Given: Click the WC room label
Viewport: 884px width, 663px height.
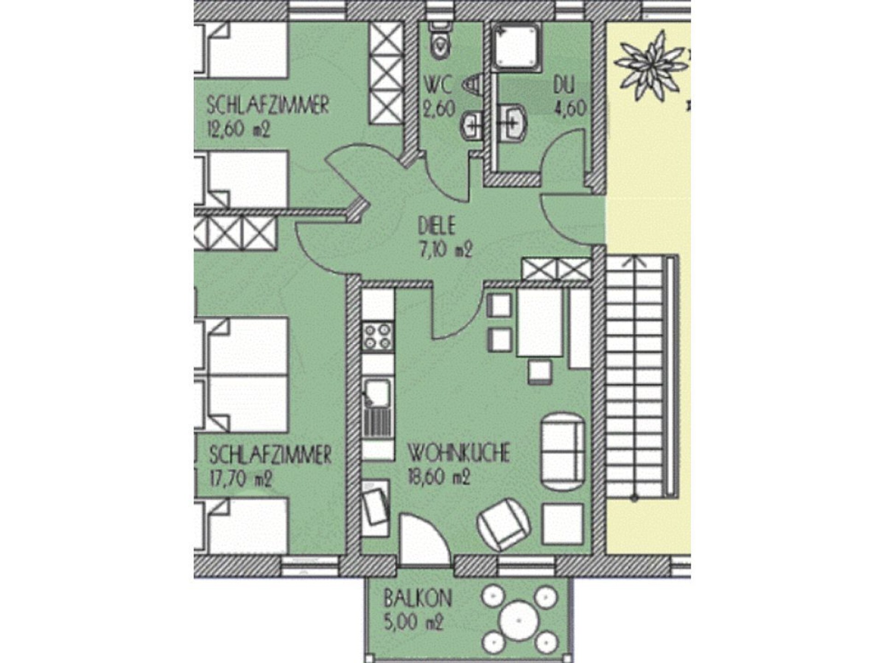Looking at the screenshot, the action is coord(437,85).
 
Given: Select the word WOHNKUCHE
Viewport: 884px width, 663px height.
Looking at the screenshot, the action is coord(459,453).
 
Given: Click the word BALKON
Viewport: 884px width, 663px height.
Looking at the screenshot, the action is coord(418,599).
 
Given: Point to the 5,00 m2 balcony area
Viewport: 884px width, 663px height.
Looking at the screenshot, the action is coord(413,623).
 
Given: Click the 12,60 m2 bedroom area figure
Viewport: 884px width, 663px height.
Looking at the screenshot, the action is coord(238,130).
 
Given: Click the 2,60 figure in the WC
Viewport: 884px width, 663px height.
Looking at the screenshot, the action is coord(439,109).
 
